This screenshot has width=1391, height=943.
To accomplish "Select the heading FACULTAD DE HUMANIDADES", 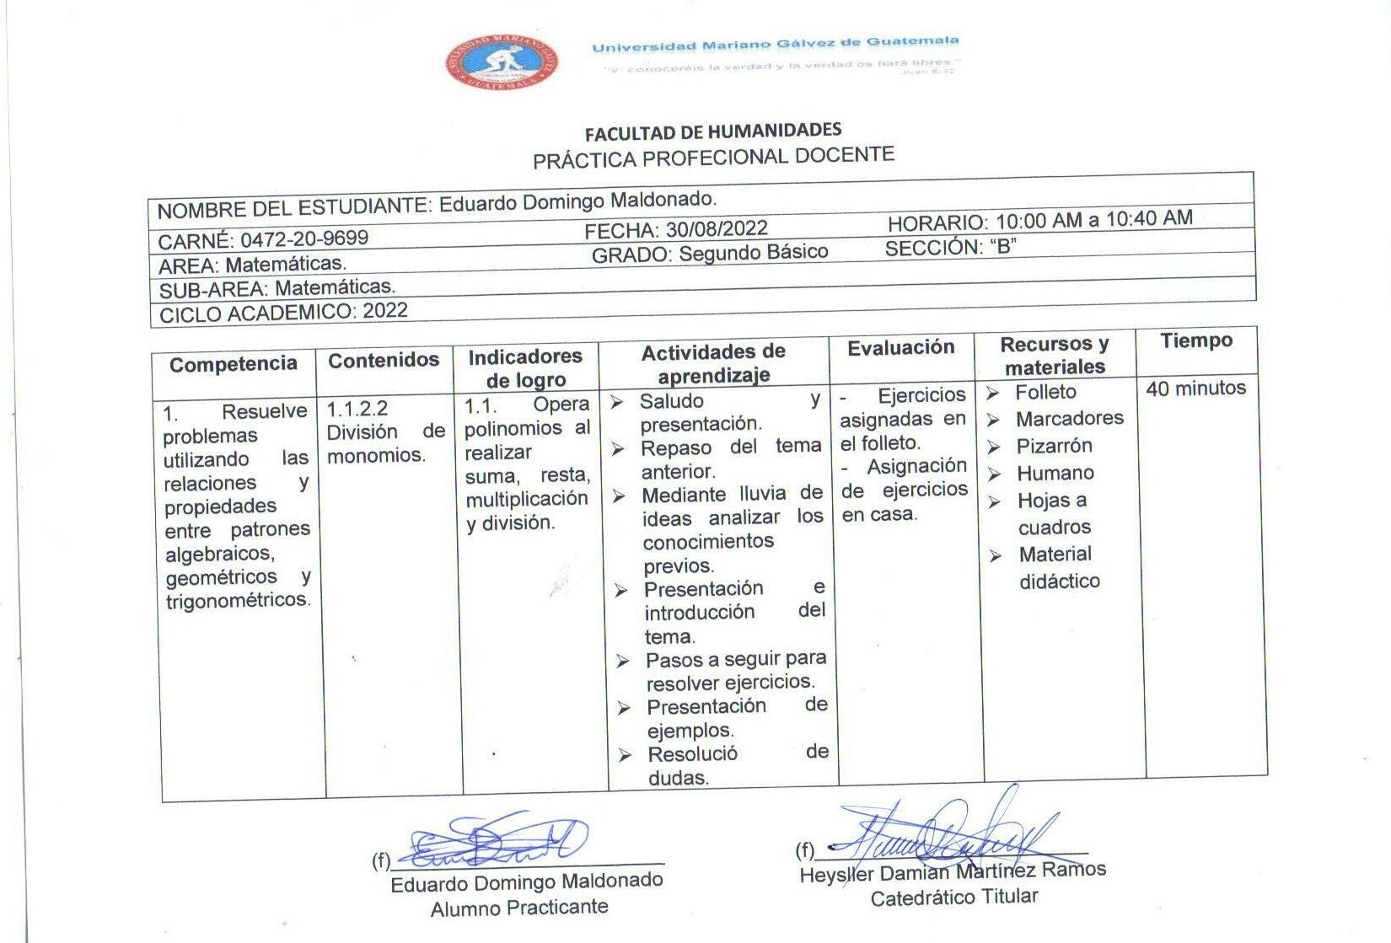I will [x=713, y=131].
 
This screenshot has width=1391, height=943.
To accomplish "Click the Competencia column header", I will [x=234, y=364].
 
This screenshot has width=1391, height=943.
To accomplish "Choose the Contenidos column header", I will [x=384, y=361].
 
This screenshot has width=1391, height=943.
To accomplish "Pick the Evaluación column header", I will [x=900, y=348].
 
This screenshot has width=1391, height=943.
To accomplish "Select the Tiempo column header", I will [x=1195, y=341].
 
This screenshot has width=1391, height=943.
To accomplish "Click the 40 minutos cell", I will [x=1195, y=388].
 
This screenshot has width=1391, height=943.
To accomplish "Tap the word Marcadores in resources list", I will [x=1069, y=419].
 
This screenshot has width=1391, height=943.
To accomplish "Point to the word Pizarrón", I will [x=1054, y=446].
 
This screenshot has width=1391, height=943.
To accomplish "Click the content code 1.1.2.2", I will [x=357, y=410].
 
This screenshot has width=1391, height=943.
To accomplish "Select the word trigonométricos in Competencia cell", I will [x=238, y=601].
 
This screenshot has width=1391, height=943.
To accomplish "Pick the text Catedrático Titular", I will [x=953, y=897].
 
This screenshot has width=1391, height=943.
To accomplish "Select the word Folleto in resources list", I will [x=1045, y=392].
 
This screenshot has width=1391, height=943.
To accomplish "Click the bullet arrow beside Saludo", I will [x=617, y=403].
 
